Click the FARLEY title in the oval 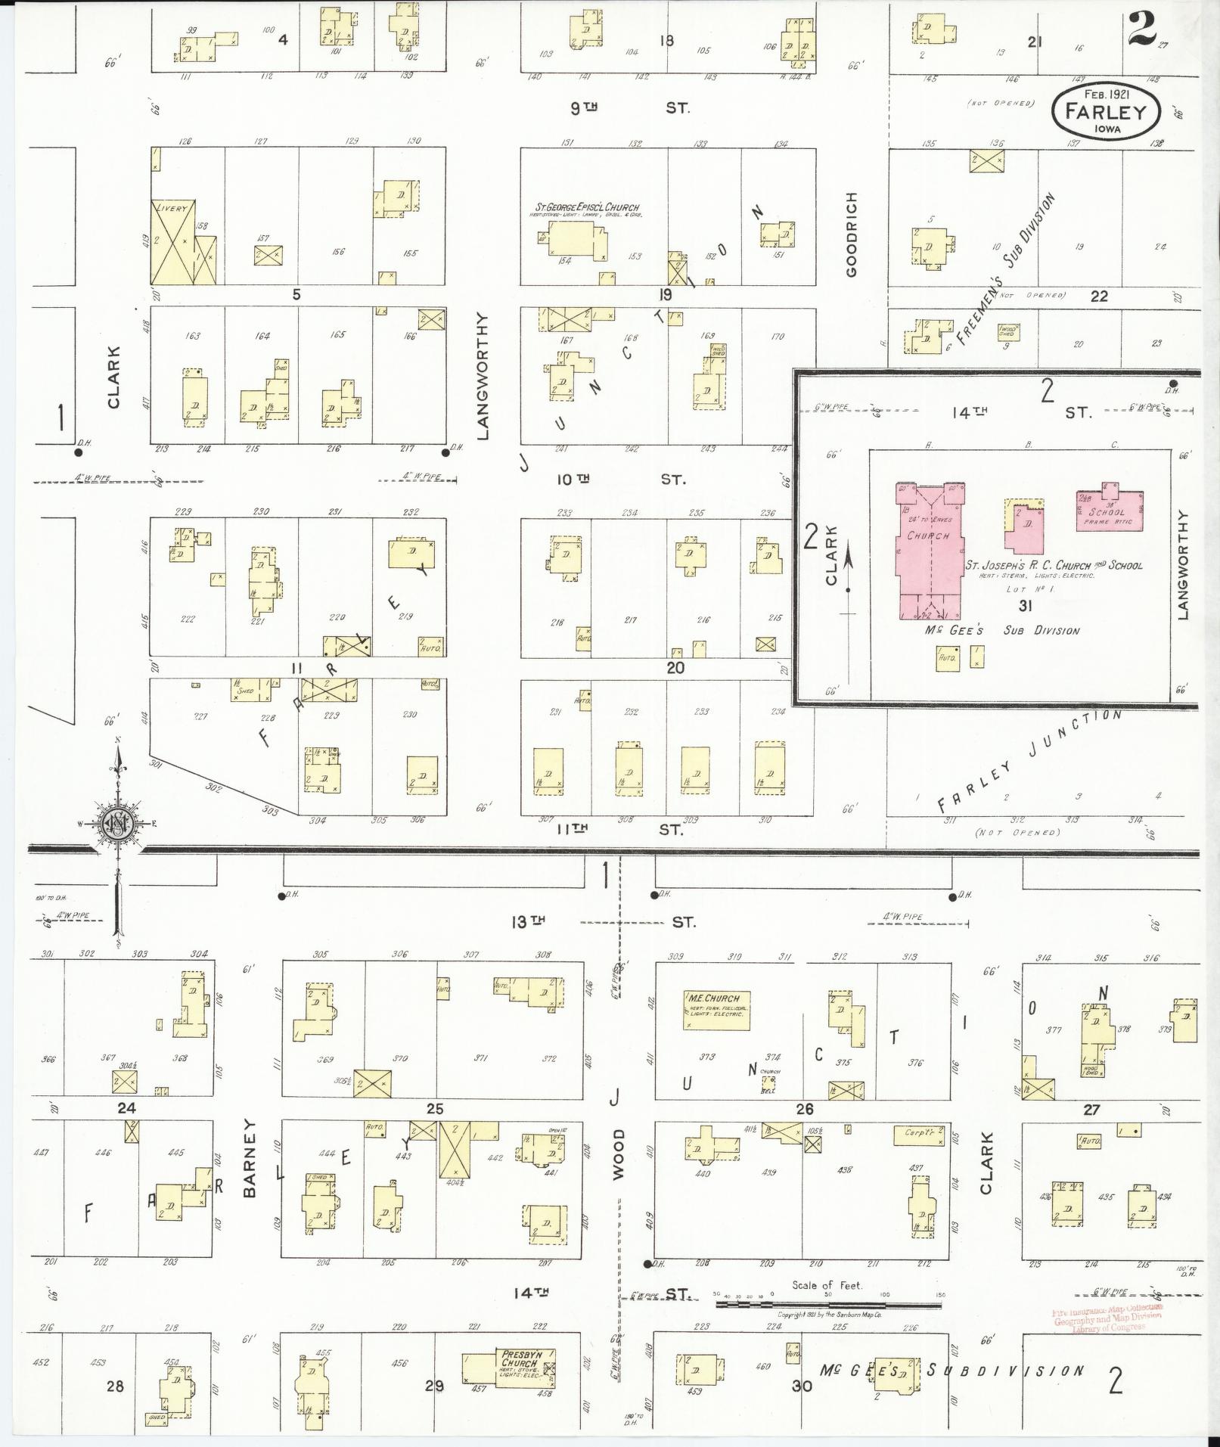coord(1105,112)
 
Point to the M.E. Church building coord(714,1010)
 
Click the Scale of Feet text coord(827,1285)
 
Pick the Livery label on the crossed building coord(171,208)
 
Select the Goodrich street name coord(852,234)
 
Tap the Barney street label coord(250,1168)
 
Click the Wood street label coord(619,1154)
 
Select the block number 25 coord(434,1109)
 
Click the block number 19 coord(665,294)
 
